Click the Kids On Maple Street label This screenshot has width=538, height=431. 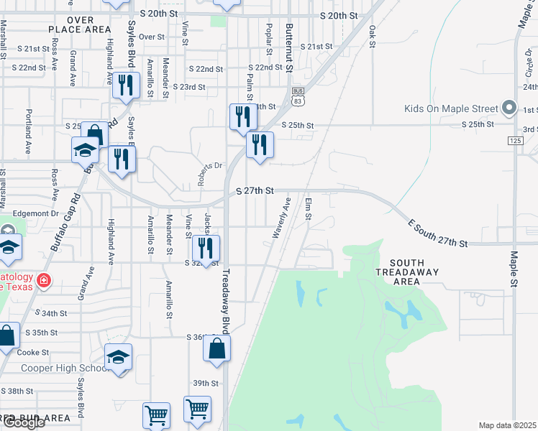(x=451, y=109)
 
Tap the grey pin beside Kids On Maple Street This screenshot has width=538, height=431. (x=509, y=108)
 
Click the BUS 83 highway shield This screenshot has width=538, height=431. (x=298, y=96)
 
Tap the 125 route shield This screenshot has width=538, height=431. (x=515, y=141)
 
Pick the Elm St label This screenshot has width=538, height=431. (x=308, y=210)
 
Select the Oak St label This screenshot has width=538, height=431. (x=372, y=36)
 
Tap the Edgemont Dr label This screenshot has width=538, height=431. (x=34, y=214)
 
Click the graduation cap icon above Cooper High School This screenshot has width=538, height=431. (x=119, y=356)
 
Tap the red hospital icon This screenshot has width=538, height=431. (x=44, y=280)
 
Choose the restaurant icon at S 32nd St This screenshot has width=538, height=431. (x=207, y=249)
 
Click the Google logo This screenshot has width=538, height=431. (x=23, y=422)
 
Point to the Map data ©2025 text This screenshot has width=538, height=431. (x=507, y=425)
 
